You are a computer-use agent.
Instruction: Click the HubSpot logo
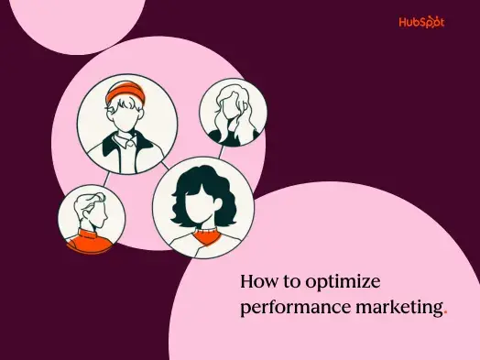click(x=421, y=23)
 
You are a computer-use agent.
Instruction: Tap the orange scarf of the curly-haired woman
click(x=202, y=236)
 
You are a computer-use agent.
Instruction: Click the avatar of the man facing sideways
click(x=90, y=219)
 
